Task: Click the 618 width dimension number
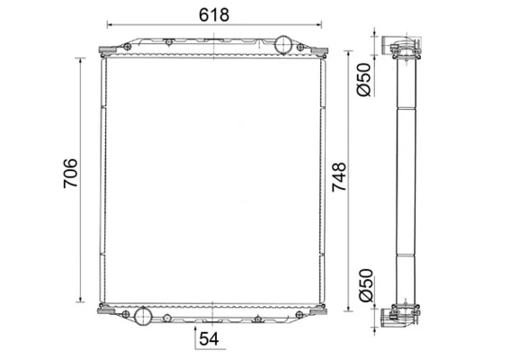click(213, 14)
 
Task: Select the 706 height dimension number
click(71, 174)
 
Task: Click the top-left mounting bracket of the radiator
click(104, 51)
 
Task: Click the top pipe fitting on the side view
click(397, 47)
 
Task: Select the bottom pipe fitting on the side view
click(397, 315)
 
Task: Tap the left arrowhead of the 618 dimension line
click(110, 25)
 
